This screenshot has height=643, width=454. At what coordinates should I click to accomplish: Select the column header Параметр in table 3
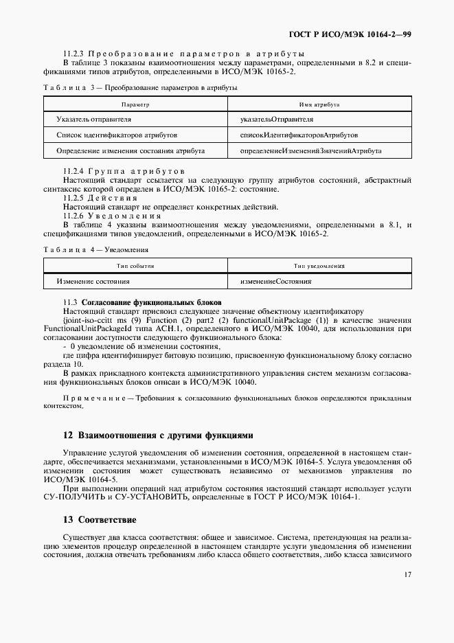[x=135, y=104]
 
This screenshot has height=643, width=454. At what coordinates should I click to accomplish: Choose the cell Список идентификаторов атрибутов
[x=117, y=135]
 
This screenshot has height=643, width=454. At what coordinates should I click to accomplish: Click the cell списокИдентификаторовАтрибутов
[x=298, y=135]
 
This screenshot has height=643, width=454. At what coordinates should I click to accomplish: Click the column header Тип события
[x=135, y=266]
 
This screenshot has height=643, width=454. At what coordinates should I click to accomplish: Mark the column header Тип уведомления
[x=319, y=266]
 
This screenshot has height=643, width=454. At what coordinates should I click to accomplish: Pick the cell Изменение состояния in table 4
[x=93, y=281]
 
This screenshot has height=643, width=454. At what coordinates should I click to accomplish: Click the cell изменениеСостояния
[x=275, y=281]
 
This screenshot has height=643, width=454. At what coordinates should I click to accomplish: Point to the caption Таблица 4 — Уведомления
[x=95, y=249]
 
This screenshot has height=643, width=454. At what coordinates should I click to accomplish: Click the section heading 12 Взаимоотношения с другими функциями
[x=158, y=435]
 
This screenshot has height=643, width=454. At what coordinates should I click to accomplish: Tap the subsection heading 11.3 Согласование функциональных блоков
[x=150, y=303]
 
